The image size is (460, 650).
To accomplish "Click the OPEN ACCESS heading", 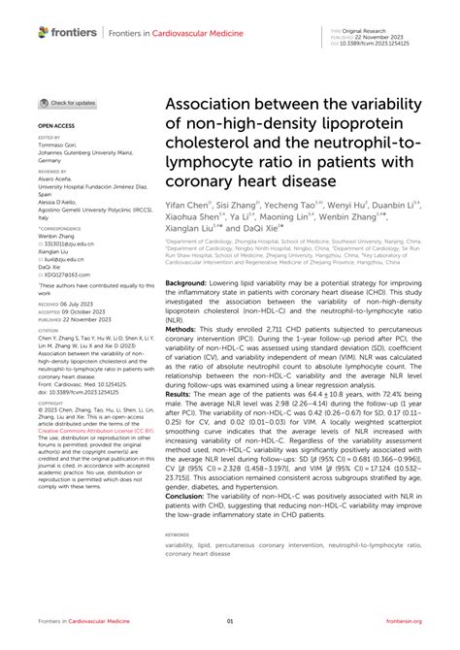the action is tap(56, 126).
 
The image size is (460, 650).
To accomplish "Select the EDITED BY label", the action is tap(48, 140).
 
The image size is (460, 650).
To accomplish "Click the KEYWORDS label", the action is tap(178, 534).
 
